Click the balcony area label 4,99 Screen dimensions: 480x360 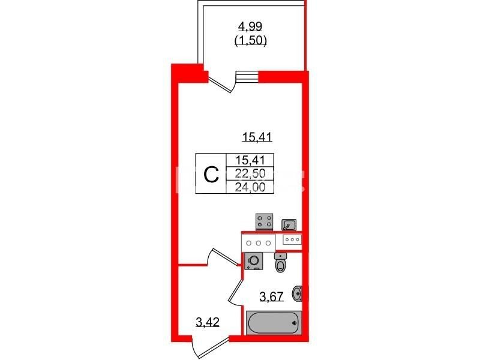(x=250, y=26)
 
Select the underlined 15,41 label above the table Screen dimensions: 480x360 (x=257, y=137)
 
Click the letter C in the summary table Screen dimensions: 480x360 (x=212, y=174)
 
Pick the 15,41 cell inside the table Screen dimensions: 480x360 (x=250, y=160)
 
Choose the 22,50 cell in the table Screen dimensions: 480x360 (x=250, y=173)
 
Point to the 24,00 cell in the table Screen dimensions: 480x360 (x=250, y=187)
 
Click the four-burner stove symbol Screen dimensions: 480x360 (x=265, y=221)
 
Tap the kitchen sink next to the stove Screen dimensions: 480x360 (x=289, y=224)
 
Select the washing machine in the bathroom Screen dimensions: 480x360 (x=254, y=261)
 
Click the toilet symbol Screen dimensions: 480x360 (x=280, y=263)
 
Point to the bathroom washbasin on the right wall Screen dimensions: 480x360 (x=298, y=293)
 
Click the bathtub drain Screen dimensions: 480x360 (x=295, y=323)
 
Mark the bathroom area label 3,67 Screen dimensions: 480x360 (x=272, y=296)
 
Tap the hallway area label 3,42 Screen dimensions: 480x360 (x=208, y=322)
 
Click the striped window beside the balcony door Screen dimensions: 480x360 (x=247, y=77)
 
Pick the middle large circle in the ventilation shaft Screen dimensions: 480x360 (x=259, y=243)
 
